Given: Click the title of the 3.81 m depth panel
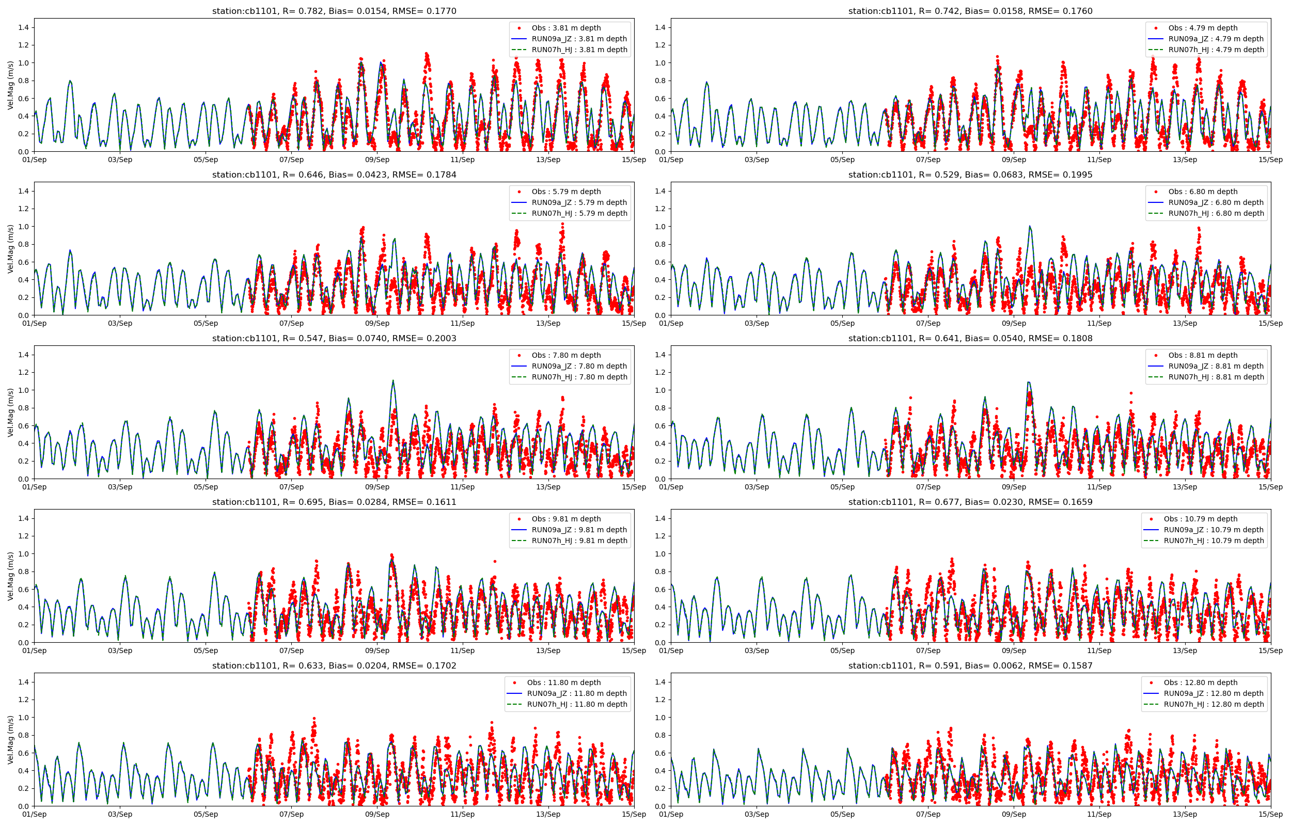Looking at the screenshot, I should click(334, 11).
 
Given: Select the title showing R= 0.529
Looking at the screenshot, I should click(970, 174).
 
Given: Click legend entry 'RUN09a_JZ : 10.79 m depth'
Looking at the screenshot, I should click(1213, 529).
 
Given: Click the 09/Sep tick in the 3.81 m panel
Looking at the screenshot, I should click(377, 160).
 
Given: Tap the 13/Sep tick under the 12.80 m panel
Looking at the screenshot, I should click(1185, 814).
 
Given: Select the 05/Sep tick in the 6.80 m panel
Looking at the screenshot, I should click(842, 323).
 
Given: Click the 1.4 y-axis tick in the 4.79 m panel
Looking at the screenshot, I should click(660, 27).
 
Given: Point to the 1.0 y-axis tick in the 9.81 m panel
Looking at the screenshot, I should click(24, 554).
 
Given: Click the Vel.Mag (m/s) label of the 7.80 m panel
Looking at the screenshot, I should click(10, 412).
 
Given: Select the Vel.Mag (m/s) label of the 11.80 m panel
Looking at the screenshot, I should click(10, 740).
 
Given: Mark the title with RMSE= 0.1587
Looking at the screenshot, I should click(970, 665).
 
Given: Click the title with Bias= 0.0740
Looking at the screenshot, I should click(334, 339).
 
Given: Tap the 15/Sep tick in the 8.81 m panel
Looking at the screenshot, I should click(1271, 487).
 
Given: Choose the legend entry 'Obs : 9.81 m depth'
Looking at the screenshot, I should click(566, 519).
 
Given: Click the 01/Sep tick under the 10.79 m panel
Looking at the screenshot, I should click(671, 650).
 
